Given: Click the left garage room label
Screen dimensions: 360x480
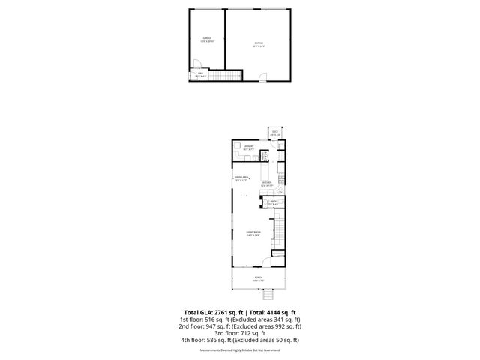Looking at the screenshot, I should click(207, 39).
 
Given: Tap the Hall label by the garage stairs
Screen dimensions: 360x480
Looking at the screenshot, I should click(200, 73).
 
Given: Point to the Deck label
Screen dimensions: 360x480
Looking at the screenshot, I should click(275, 133).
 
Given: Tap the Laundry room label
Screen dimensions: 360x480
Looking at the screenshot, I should click(248, 148).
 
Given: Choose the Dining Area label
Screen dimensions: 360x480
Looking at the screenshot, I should click(241, 179).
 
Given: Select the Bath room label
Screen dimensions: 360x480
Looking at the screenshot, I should click(274, 202).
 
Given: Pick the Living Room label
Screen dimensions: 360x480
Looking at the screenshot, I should click(253, 234).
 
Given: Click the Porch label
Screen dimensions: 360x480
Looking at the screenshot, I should click(258, 278).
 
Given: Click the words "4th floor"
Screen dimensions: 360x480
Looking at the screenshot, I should click(193, 340).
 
